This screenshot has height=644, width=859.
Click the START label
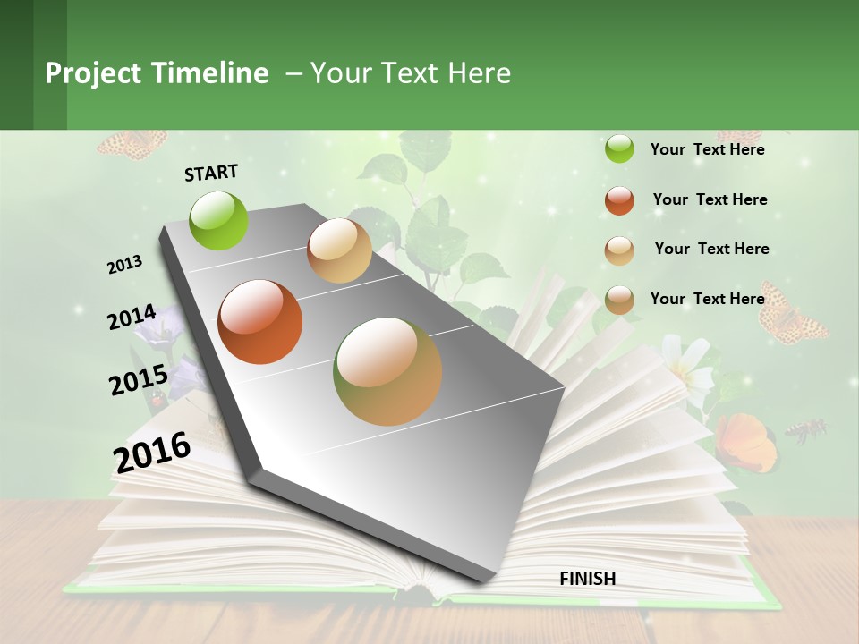pos(211,173)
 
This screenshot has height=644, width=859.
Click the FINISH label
pos(587,579)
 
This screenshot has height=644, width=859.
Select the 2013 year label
pos(125,265)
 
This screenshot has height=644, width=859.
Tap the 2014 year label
pos(132,318)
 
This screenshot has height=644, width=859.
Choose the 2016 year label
pos(152,452)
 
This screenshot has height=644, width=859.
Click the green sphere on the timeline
pos(219,220)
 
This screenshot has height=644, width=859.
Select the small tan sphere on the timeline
pos(339,251)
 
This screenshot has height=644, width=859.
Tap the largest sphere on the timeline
pos(387,371)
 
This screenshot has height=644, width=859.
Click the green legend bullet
pos(619,149)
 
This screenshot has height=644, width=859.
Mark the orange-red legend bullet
pos(619,200)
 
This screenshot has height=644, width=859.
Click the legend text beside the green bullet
pos(707,150)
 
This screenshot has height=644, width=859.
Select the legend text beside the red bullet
pos(710,199)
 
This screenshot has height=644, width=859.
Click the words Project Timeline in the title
pos(157,73)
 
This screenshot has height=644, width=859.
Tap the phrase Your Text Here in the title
pos(411,73)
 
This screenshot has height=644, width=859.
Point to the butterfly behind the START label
pos(132,143)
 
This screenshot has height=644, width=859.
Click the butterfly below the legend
pos(792,316)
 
